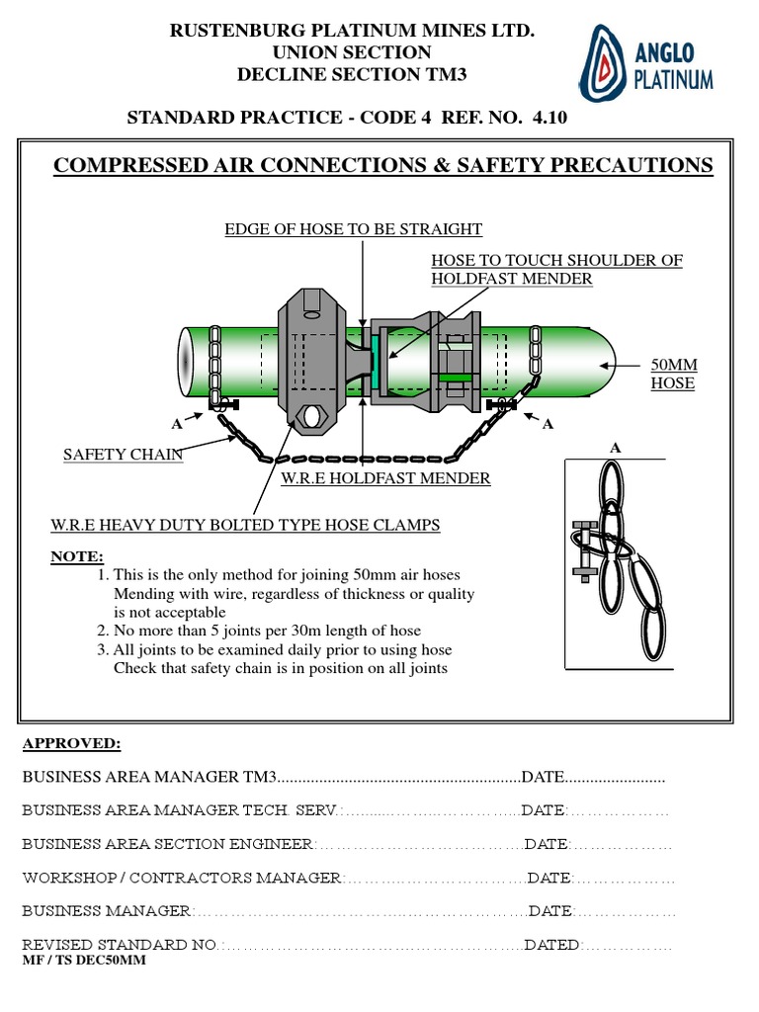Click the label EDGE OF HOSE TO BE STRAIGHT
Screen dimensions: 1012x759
point(353,229)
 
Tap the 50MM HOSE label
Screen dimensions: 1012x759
point(673,375)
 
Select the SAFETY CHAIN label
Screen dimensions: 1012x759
point(123,455)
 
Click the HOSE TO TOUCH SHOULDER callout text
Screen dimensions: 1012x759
point(556,269)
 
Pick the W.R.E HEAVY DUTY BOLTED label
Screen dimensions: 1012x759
point(245,524)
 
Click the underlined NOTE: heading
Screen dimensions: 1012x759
point(76,557)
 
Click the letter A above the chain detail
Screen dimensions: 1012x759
point(615,448)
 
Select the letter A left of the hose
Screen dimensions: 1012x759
point(177,424)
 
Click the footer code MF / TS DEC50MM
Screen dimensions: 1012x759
point(83,961)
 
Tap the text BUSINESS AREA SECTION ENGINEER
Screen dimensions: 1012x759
point(167,844)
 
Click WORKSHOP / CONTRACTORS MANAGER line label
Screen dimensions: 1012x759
point(182,878)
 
